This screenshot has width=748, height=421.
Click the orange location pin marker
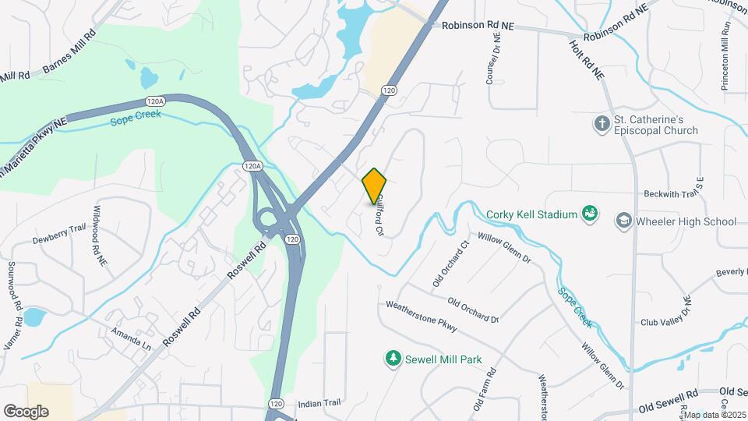[375, 186]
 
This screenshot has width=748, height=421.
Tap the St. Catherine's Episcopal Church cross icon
[601, 123]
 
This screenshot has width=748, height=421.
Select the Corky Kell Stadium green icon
[590, 213]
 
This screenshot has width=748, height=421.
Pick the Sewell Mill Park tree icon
[393, 359]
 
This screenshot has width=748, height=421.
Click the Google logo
[26, 411]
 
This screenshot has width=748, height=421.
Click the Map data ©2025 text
[715, 414]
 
